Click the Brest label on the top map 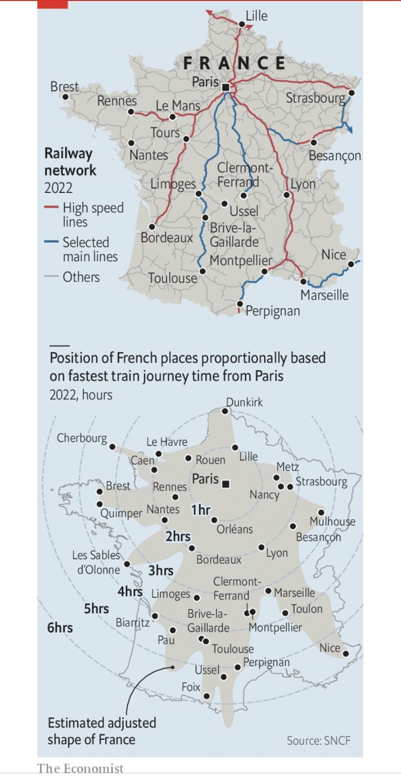coord(64,86)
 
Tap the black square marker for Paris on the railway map coord(225,88)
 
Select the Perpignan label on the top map coord(273,311)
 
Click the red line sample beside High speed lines coord(51,208)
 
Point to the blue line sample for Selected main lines coord(51,241)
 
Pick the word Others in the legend coord(81,277)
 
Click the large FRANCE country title coord(234,63)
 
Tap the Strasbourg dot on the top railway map coord(352,92)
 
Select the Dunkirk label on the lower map coord(244,402)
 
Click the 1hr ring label coord(200,510)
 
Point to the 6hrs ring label coord(60,627)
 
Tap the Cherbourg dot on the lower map coord(112,447)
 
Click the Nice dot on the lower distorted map coord(346,654)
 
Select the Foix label coord(191,687)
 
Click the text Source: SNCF coord(318,740)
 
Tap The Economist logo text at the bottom coord(80,768)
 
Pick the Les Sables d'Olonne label coord(96,562)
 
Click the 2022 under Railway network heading coord(58,188)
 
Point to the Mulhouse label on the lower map coord(332,521)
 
